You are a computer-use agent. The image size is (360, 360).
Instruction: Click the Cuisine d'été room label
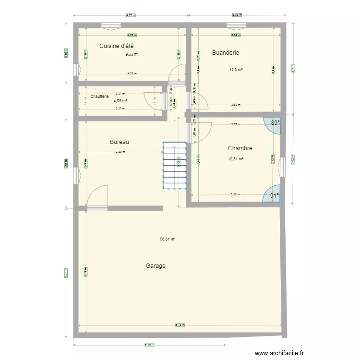(x=116, y=46)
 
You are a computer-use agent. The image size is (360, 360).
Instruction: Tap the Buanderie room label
(x=226, y=53)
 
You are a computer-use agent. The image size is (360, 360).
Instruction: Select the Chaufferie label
(x=99, y=96)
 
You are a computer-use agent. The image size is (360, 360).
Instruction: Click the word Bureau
(x=120, y=142)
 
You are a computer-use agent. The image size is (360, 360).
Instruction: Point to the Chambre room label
(x=240, y=149)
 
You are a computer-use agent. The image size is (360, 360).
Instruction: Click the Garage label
(x=156, y=265)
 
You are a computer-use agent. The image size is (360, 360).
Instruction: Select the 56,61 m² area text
(x=168, y=239)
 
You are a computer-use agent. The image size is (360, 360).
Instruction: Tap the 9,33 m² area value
(x=132, y=54)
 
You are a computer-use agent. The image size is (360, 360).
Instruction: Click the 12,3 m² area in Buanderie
(x=236, y=70)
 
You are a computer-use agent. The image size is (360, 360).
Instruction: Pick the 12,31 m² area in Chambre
(x=236, y=159)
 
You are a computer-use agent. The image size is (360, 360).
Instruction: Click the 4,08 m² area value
(x=120, y=101)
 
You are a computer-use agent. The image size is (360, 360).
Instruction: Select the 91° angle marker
(x=273, y=195)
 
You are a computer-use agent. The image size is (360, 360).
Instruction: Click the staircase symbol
(x=174, y=166)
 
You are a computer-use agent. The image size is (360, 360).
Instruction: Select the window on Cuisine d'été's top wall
(x=111, y=25)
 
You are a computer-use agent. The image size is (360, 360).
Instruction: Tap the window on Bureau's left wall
(x=75, y=176)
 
